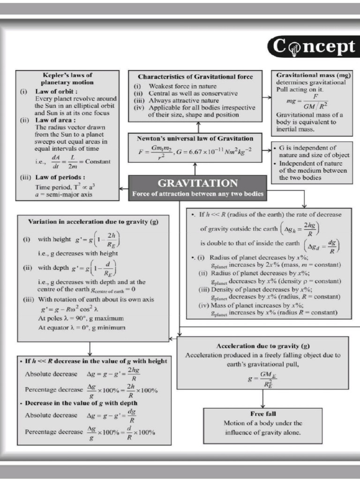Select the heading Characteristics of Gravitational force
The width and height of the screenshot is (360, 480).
pyautogui.click(x=195, y=76)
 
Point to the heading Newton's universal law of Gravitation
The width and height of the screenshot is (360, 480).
pyautogui.click(x=195, y=139)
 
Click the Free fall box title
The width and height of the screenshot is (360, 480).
pyautogui.click(x=263, y=414)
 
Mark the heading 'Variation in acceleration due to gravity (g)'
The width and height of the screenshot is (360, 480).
pyautogui.click(x=93, y=221)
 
